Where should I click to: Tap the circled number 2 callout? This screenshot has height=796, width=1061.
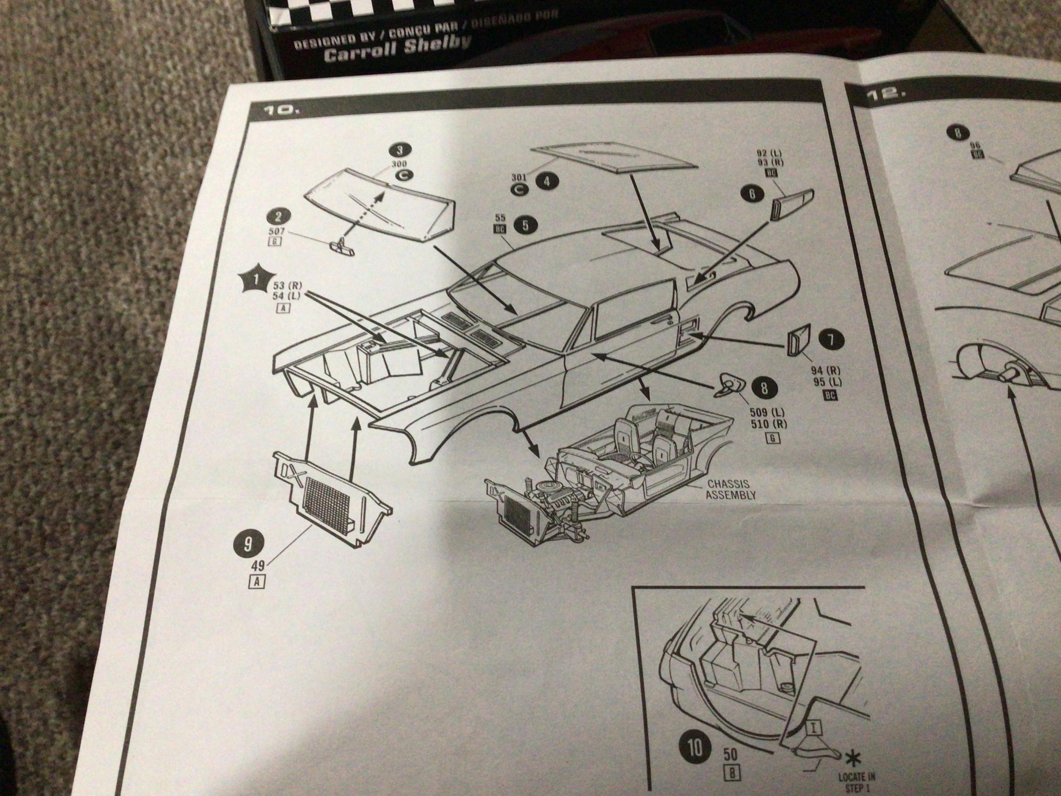[x=278, y=216]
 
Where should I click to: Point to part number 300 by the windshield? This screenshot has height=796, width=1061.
[x=399, y=164]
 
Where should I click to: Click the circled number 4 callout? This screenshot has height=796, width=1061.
[x=547, y=181]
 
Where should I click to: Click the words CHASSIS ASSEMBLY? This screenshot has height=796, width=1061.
[x=728, y=489]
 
